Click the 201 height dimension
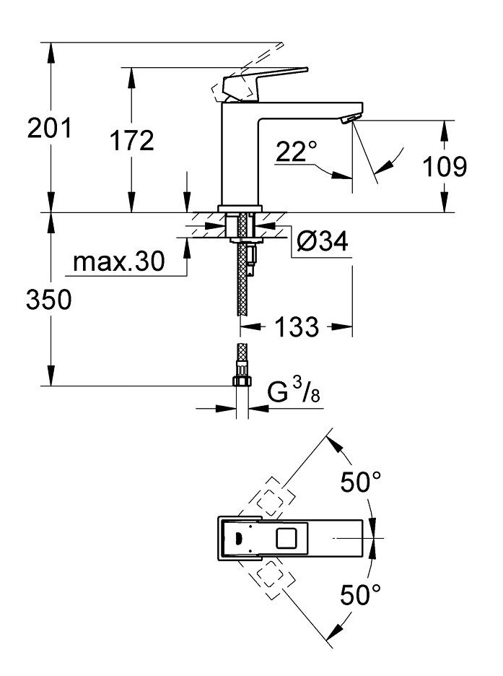[x=50, y=129]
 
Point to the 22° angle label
[x=297, y=152]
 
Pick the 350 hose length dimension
[x=50, y=299]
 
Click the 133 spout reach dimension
[x=297, y=327]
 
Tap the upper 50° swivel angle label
[x=361, y=484]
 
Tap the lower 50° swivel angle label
[x=361, y=596]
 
